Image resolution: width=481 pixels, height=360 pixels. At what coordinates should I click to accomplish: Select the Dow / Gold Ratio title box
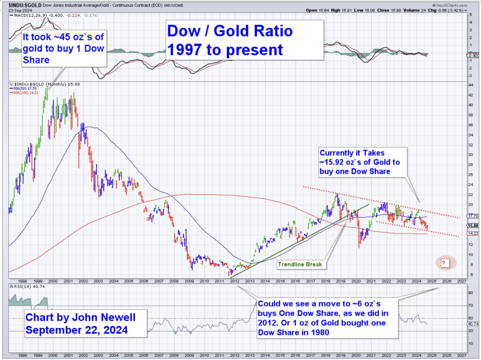(x=244, y=40)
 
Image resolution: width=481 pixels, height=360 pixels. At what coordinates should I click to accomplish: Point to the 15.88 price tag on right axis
(x=472, y=225)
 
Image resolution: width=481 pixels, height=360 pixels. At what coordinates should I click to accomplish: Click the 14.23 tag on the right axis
(x=472, y=233)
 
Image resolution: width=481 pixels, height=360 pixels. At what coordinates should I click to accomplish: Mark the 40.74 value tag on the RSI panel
(x=472, y=323)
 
